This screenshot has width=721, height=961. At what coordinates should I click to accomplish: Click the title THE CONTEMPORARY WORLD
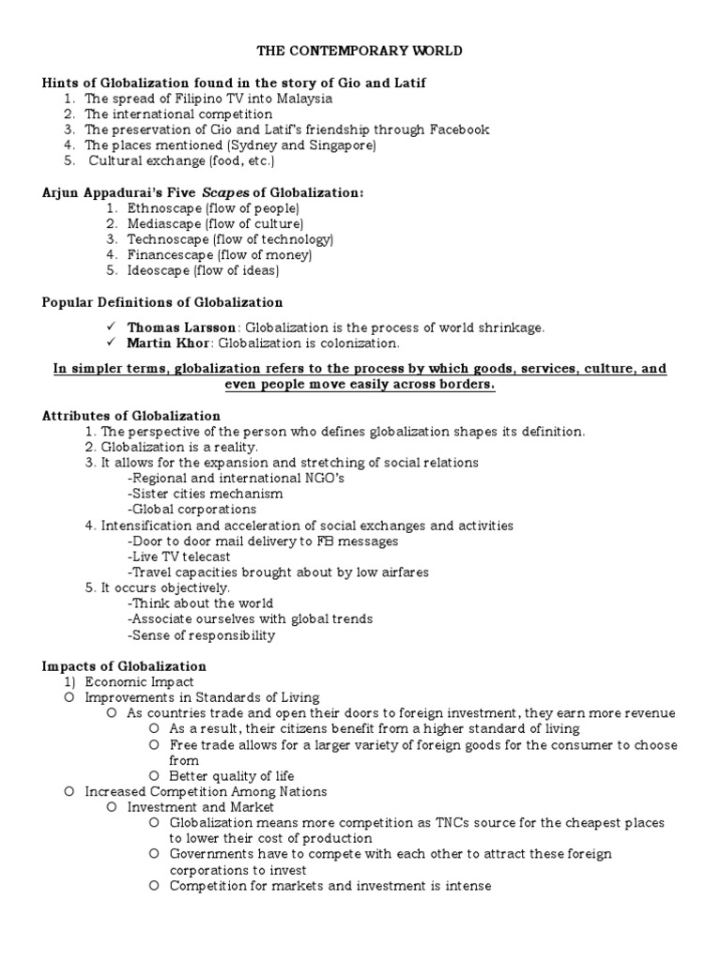click(360, 51)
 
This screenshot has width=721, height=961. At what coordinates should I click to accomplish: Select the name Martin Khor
click(168, 343)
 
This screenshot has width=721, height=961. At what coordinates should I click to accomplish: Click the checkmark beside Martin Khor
click(111, 343)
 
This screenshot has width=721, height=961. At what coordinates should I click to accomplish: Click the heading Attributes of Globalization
click(131, 416)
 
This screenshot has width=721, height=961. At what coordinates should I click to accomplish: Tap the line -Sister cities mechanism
click(205, 494)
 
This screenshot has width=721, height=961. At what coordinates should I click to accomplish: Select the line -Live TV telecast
click(179, 557)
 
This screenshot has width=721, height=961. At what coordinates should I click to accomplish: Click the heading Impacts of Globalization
click(124, 666)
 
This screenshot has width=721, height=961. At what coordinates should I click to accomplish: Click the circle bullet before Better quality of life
click(153, 776)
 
